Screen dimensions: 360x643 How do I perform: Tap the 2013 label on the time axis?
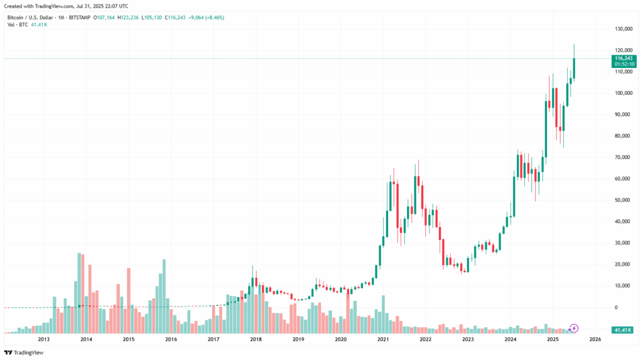coord(44,339)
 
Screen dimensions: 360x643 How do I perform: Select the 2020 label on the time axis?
coord(340,339)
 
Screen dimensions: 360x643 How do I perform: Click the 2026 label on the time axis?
coord(595,339)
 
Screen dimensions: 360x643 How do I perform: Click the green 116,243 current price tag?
coord(624,58)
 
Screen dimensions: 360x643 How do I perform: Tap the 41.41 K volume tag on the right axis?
coord(623,330)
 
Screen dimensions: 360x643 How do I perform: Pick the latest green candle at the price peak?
coord(574,68)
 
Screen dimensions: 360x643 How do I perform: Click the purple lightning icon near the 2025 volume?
coord(574,328)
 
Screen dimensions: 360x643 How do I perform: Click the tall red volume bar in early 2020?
coord(347,311)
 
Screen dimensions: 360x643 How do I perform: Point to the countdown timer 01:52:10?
coord(624,64)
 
